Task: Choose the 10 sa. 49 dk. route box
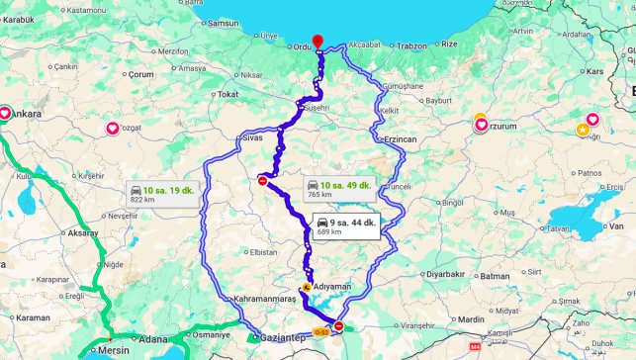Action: point(338,189)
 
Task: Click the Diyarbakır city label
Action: point(444,273)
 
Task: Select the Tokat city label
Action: point(228,94)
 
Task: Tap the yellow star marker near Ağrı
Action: point(585,130)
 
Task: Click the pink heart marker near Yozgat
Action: point(113,128)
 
